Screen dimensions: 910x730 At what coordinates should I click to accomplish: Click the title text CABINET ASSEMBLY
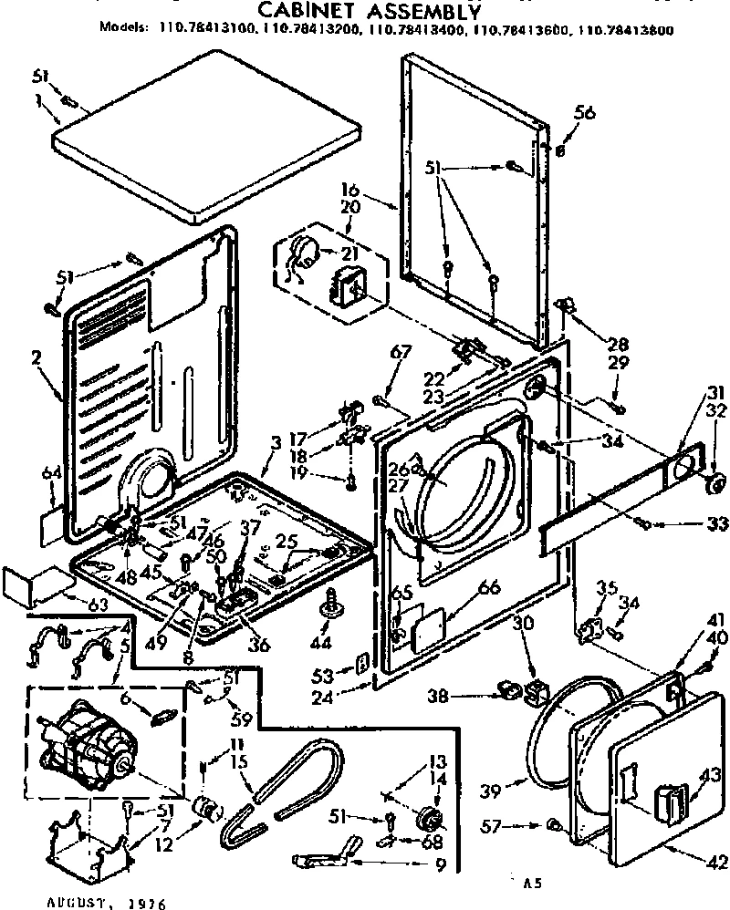click(365, 11)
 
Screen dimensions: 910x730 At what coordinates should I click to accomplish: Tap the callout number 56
click(584, 113)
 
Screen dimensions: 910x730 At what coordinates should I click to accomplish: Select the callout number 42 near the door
click(717, 861)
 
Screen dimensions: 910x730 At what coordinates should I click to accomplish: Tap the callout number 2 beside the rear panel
click(36, 357)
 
